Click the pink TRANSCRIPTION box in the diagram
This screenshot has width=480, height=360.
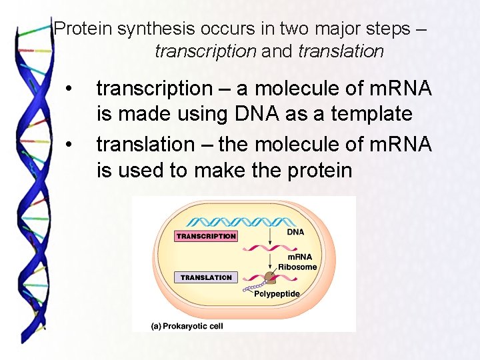[206, 236]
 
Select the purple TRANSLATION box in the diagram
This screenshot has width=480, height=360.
[206, 277]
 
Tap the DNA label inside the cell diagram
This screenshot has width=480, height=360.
[295, 232]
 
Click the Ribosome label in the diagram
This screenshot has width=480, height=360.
[297, 267]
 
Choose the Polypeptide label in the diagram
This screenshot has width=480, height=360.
[277, 294]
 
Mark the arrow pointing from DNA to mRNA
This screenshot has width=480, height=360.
[269, 236]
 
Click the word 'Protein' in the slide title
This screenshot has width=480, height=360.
[83, 29]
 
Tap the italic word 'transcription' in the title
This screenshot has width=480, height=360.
[205, 51]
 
